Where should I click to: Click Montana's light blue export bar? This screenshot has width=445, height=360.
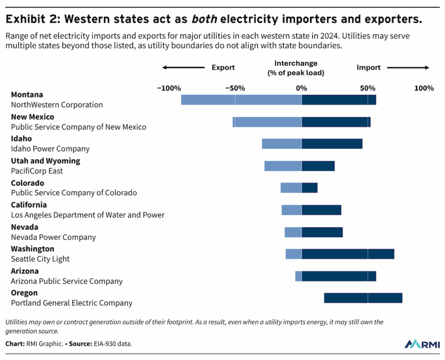pyautogui.click(x=241, y=100)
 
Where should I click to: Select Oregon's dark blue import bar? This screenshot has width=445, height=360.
pyautogui.click(x=363, y=298)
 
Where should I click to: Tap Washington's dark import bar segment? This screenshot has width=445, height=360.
pyautogui.click(x=348, y=254)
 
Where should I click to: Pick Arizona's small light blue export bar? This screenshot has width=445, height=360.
pyautogui.click(x=299, y=276)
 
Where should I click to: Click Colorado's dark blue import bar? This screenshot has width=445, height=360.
pyautogui.click(x=310, y=188)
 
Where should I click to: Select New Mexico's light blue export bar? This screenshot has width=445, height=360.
pyautogui.click(x=267, y=122)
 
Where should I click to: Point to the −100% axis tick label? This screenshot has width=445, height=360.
pyautogui.click(x=169, y=88)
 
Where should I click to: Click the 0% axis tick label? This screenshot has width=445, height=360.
pyautogui.click(x=301, y=88)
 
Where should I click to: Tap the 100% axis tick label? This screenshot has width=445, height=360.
pyautogui.click(x=424, y=88)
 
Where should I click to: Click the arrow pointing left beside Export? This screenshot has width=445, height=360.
pyautogui.click(x=183, y=68)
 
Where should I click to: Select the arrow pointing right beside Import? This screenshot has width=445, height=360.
pyautogui.click(x=408, y=68)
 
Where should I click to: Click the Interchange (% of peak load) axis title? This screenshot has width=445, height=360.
pyautogui.click(x=296, y=68)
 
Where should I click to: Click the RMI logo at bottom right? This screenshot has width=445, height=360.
pyautogui.click(x=421, y=344)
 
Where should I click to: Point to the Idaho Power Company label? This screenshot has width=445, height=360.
pyautogui.click(x=50, y=149)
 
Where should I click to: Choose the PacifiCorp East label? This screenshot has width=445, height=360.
pyautogui.click(x=37, y=171)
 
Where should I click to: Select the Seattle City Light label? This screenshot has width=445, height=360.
pyautogui.click(x=40, y=259)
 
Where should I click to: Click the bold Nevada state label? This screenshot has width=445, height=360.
pyautogui.click(x=25, y=227)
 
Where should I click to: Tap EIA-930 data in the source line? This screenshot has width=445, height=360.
pyautogui.click(x=117, y=344)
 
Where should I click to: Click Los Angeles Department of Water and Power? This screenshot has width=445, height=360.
pyautogui.click(x=88, y=215)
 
